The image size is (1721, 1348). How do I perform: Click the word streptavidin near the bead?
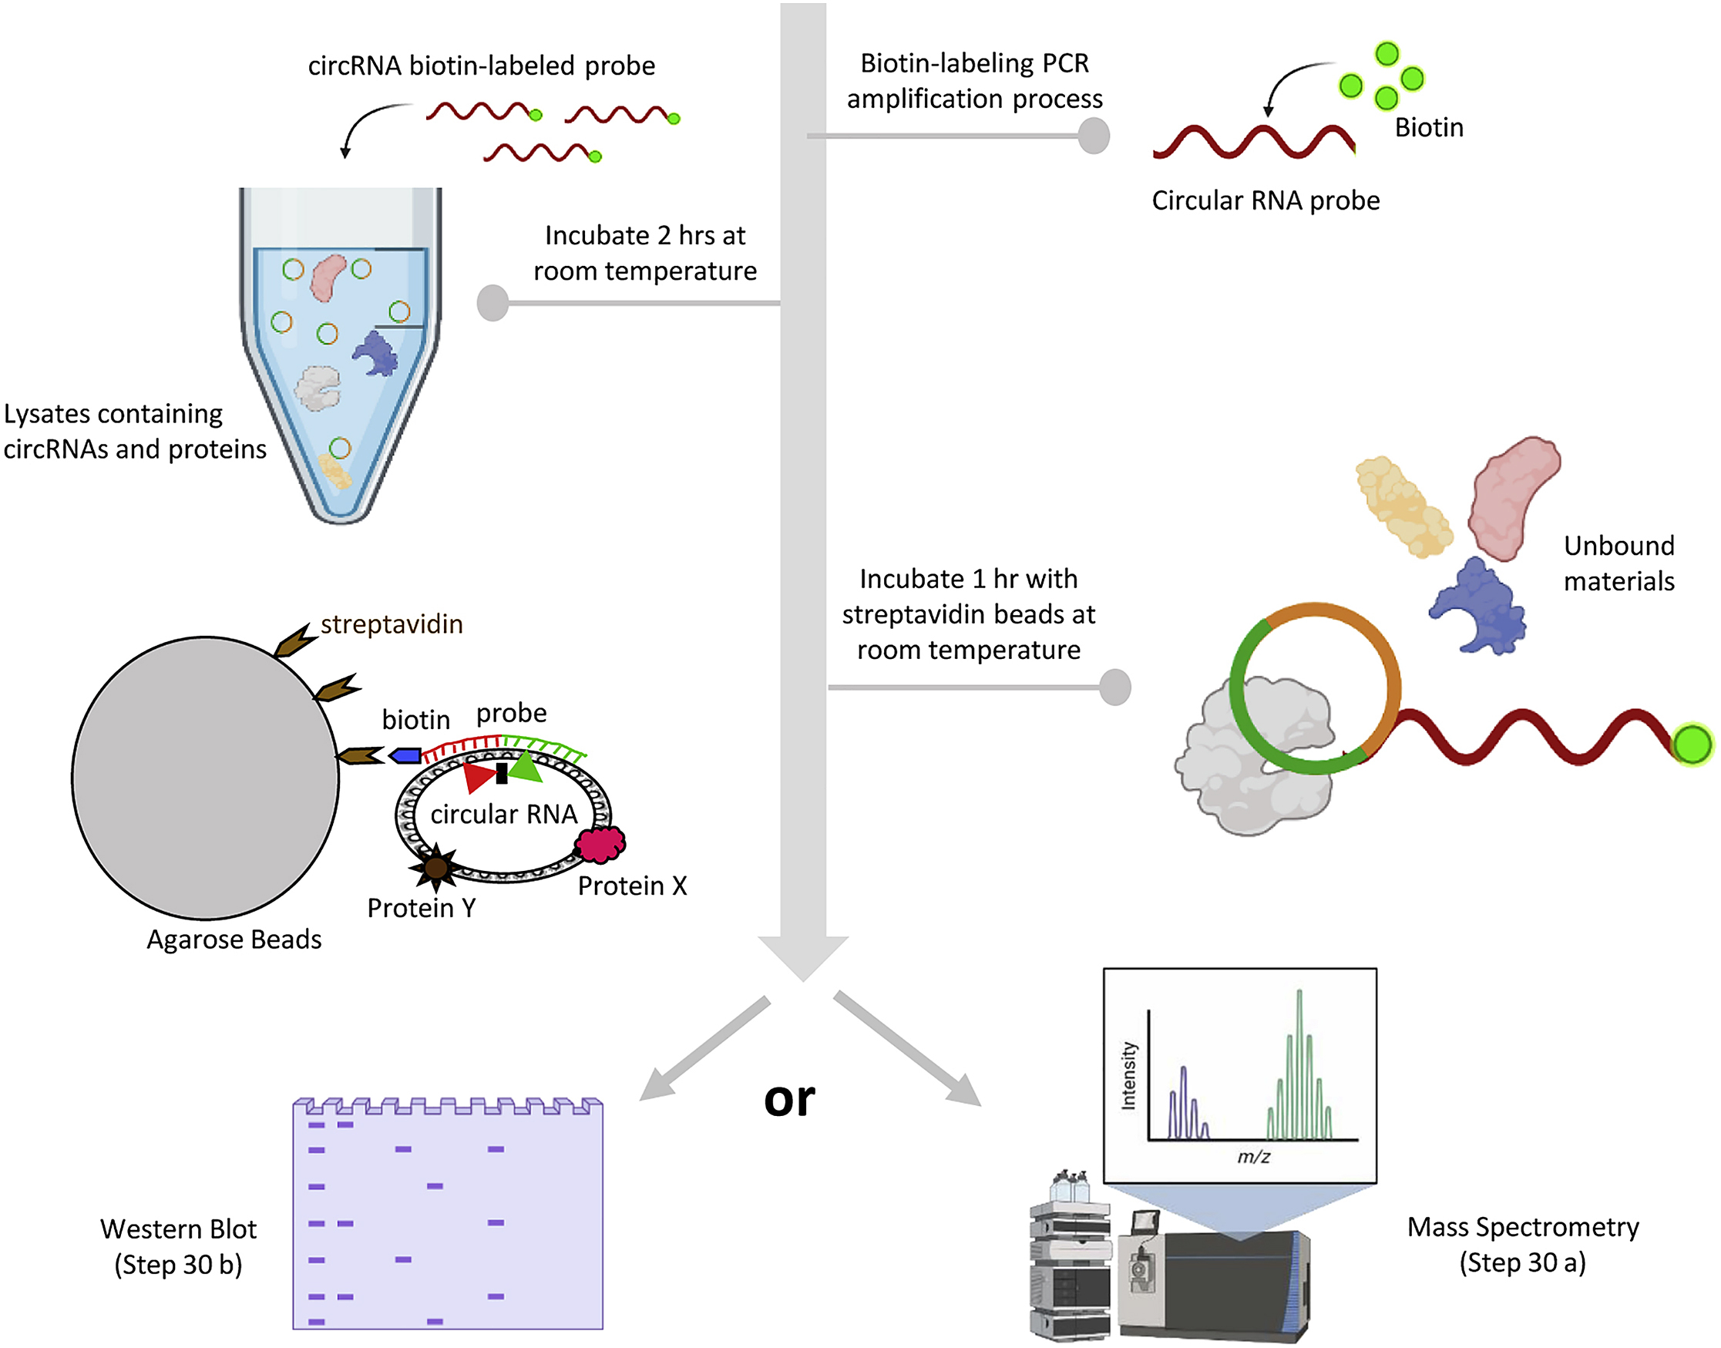click(x=392, y=624)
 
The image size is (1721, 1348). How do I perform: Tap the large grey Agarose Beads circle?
click(x=205, y=778)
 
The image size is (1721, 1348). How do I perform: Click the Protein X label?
click(x=632, y=886)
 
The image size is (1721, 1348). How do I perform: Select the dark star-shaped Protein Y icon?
click(x=435, y=868)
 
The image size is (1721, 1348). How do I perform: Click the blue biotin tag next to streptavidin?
click(x=405, y=756)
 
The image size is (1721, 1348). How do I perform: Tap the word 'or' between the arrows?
click(x=789, y=1098)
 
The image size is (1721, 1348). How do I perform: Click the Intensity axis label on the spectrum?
click(x=1129, y=1076)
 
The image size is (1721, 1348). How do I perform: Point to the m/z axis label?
click(x=1253, y=1157)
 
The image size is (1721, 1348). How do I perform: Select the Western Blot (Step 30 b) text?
click(x=178, y=1247)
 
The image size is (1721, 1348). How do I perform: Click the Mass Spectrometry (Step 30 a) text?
click(x=1523, y=1245)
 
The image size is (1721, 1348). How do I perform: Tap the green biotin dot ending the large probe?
click(x=1692, y=745)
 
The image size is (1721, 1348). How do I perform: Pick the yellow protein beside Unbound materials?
click(x=1403, y=506)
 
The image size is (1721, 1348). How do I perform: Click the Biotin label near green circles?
click(x=1429, y=128)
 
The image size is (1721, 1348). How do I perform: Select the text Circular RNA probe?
click(x=1266, y=200)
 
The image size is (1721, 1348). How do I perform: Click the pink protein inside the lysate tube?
click(x=328, y=277)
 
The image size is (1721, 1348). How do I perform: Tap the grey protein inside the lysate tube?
click(x=318, y=388)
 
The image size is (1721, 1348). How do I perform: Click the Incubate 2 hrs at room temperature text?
click(x=644, y=254)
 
